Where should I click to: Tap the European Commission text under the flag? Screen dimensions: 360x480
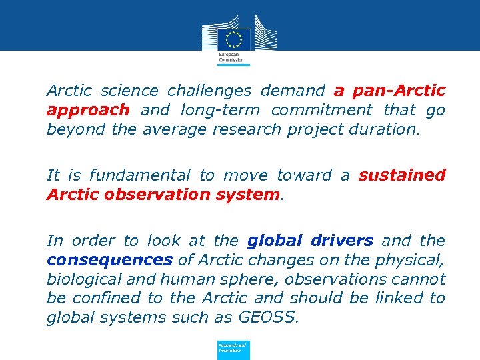click(229, 57)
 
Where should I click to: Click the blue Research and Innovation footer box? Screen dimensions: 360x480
click(233, 350)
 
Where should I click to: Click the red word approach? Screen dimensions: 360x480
click(87, 110)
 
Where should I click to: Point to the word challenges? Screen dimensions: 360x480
click(210, 90)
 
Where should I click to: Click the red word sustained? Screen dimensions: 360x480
click(402, 175)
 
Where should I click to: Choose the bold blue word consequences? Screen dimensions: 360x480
click(109, 260)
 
